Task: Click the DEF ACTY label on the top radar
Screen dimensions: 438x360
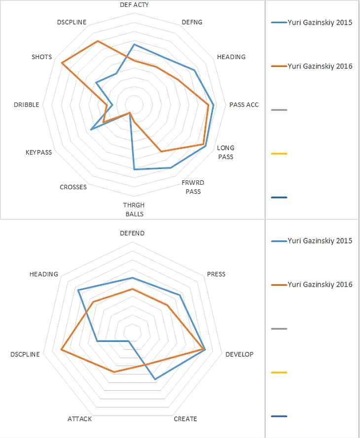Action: (134, 4)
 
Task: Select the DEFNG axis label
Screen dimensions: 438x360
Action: (192, 22)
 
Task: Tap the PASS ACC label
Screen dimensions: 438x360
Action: (244, 104)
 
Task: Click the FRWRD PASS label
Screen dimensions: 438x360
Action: (193, 187)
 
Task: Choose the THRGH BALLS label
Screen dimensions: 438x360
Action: (134, 209)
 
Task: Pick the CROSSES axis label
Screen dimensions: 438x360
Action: (73, 187)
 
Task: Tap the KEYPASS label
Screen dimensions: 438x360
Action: (38, 152)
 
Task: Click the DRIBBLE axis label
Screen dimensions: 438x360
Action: (27, 104)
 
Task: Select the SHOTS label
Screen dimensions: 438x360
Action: (41, 57)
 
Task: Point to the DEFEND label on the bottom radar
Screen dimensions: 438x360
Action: (133, 233)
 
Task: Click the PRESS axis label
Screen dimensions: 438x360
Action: (216, 274)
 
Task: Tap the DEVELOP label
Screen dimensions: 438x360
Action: (239, 354)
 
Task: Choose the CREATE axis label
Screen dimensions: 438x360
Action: (185, 419)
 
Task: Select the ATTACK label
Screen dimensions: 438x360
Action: (79, 419)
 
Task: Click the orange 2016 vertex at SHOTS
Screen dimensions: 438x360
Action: (62, 64)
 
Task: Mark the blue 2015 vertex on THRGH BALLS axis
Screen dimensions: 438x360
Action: (134, 169)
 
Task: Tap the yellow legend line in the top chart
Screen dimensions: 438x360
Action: (279, 154)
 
